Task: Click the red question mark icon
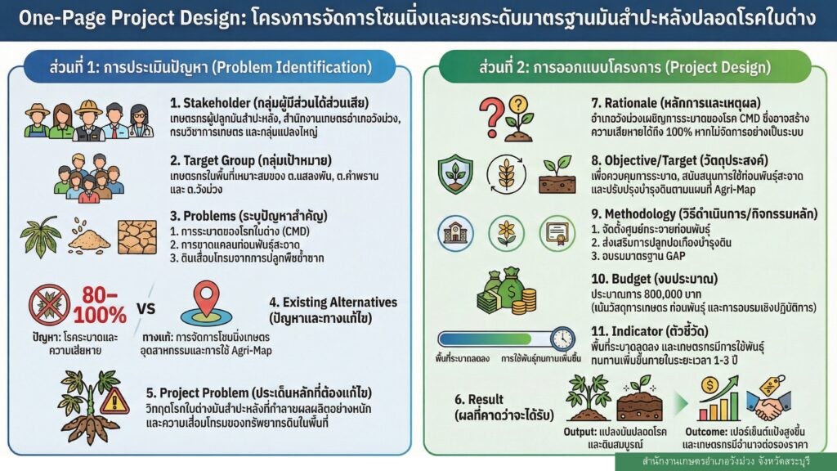coord(491,118)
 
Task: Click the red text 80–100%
coord(99,305)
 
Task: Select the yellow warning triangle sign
coord(114,401)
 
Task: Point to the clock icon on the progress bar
coord(562,339)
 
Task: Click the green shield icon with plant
coord(455,174)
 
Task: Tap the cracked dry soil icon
coord(137,237)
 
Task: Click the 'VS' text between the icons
coord(145,308)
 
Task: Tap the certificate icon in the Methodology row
coord(557,233)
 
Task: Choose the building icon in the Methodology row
coord(455,233)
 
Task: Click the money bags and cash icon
coord(506,292)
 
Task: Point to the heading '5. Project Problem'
coord(258,393)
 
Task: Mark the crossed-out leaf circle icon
coord(49,306)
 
